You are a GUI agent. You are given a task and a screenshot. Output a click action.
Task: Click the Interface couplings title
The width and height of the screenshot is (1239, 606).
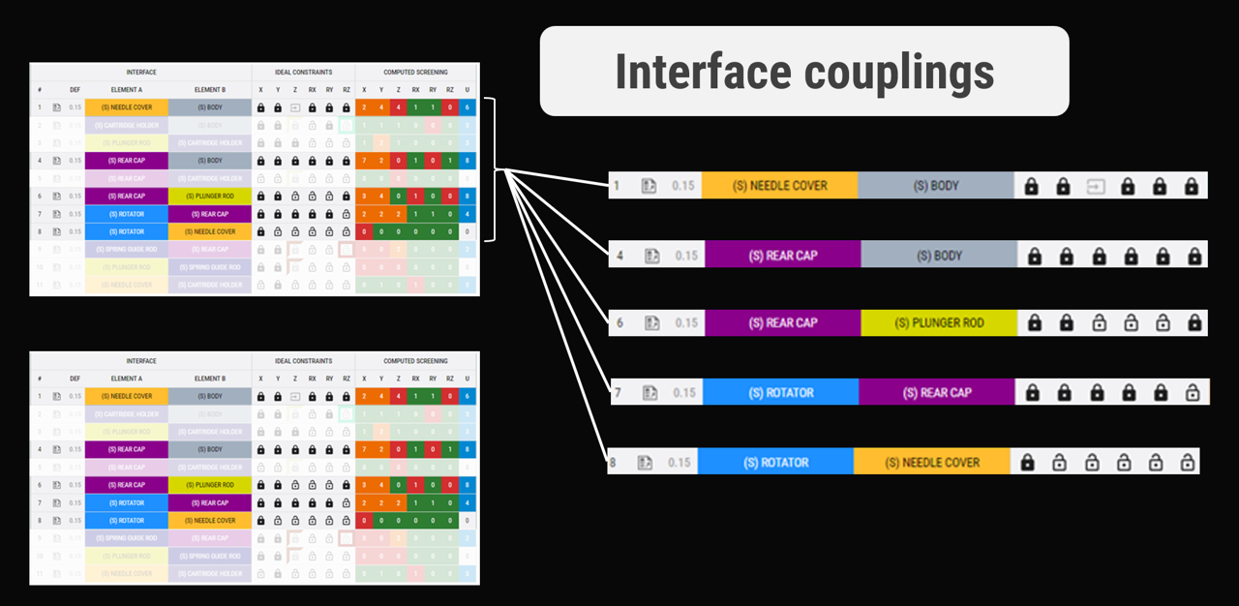coord(804,72)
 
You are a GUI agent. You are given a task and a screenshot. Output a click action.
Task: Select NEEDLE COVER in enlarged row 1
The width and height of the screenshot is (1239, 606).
coord(779,186)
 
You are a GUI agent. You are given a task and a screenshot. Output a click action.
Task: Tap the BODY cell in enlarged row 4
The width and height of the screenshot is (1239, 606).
coord(938,256)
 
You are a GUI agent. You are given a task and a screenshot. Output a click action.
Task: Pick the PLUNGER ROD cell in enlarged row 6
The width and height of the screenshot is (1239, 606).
coord(938,323)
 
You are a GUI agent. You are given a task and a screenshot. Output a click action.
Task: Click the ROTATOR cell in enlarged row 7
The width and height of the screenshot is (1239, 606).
coord(780,393)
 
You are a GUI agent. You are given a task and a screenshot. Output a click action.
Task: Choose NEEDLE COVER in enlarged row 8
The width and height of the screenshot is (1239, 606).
coord(931,463)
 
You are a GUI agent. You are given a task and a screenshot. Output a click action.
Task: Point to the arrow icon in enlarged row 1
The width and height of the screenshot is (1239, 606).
coord(1095,186)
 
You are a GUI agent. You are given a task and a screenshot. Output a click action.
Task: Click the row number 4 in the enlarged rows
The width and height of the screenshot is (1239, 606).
coord(620,256)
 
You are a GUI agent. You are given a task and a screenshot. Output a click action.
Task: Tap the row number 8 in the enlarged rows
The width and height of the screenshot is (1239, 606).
coord(612,463)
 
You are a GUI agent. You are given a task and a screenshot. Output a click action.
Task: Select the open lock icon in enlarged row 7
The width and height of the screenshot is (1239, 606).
coord(1193,393)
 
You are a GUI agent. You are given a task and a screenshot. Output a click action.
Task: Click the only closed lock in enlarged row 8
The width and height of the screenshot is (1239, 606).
coord(1028,463)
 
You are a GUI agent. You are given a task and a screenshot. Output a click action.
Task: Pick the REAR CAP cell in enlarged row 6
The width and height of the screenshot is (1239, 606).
coord(782,323)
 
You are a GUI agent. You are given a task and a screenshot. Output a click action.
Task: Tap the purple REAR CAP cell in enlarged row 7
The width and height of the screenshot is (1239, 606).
coord(936,393)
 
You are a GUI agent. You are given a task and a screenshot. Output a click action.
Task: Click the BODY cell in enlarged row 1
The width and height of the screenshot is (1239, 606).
coord(935,186)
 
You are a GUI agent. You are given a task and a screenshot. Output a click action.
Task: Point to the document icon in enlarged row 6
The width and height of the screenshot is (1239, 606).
coord(652,323)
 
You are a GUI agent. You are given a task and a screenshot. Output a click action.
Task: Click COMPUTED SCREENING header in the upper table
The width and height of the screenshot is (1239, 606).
coord(415,73)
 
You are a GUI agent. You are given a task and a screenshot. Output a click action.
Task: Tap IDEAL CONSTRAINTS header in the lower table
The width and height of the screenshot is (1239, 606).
coord(303,361)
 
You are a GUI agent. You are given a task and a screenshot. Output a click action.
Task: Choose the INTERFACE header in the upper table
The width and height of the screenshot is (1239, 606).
coord(141,73)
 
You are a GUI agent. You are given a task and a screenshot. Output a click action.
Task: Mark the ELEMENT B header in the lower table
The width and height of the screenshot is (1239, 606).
coord(209,379)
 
